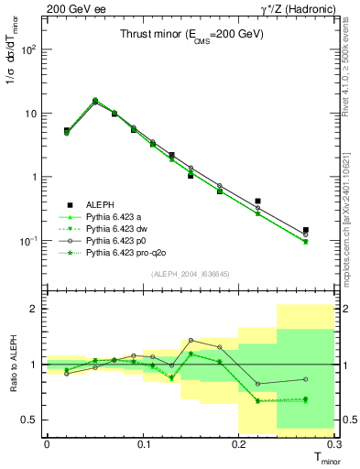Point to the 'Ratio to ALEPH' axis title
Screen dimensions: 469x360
coord(12,364)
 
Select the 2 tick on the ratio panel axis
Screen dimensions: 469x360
coord(37,309)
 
